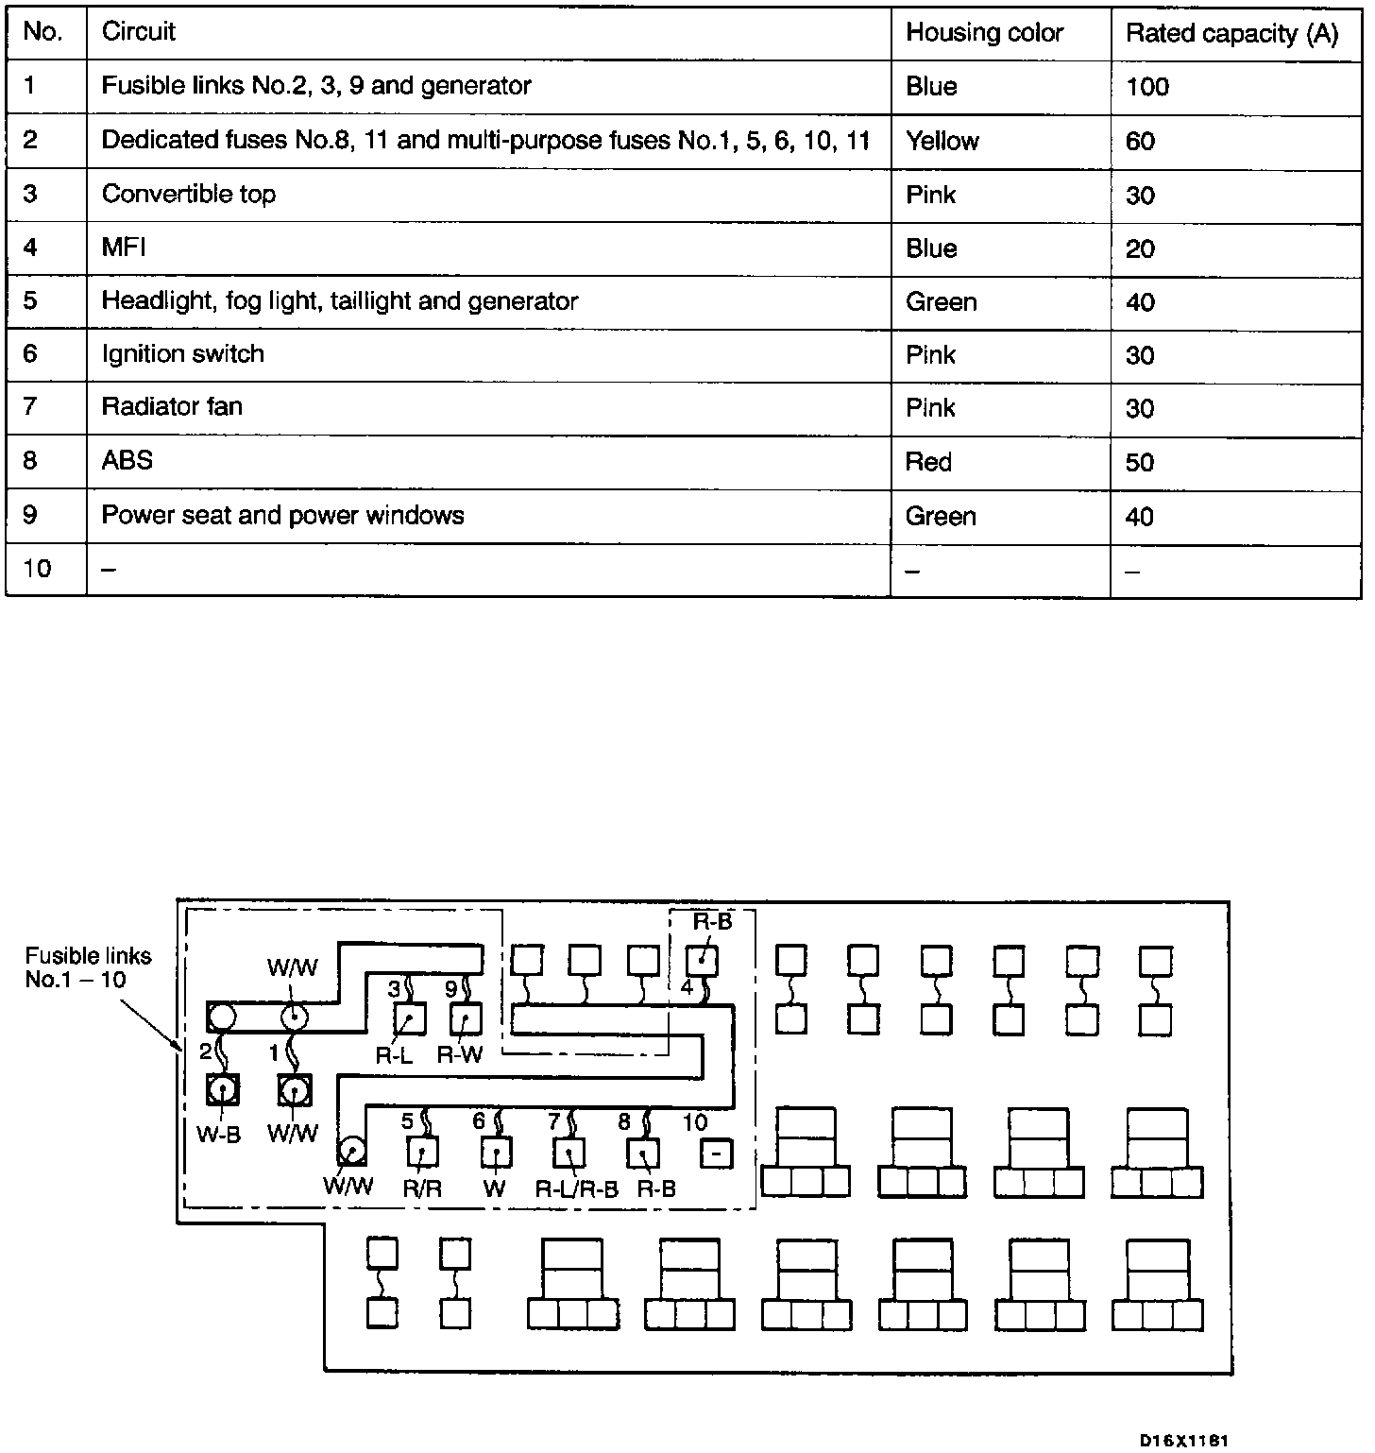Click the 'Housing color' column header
tap(984, 33)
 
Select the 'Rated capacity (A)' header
tap(1231, 34)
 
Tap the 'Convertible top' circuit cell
tap(189, 195)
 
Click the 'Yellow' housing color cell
tap(942, 141)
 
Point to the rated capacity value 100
tap(1147, 87)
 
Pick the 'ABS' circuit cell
tap(127, 461)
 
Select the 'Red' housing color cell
tap(928, 462)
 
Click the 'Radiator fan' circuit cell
tap(172, 407)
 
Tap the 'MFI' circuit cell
tap(124, 248)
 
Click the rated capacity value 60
tap(1140, 141)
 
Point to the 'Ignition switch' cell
tap(182, 354)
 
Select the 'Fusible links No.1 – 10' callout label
tap(88, 967)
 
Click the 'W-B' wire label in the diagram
tap(218, 1135)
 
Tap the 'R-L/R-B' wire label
tap(576, 1189)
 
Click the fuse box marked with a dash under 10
tap(717, 1154)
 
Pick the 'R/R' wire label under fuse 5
tap(422, 1188)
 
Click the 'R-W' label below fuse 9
tap(460, 1055)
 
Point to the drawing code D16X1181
tap(1183, 1440)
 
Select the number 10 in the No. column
tap(37, 569)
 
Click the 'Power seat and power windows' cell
tap(282, 515)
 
